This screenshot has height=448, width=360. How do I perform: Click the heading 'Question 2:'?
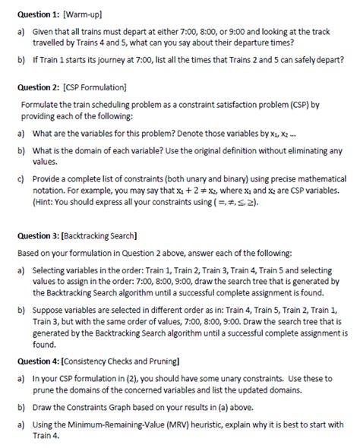click(37, 88)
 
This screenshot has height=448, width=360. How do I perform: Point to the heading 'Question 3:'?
click(37, 238)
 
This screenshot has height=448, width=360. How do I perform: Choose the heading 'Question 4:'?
click(37, 360)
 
